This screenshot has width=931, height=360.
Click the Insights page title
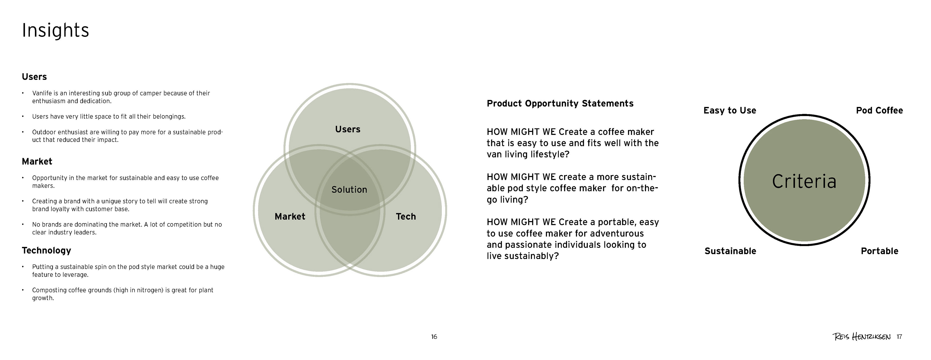tap(55, 30)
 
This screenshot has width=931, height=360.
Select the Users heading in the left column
tap(34, 77)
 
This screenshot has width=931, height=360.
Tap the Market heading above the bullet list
tap(37, 162)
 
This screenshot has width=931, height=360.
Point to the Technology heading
tap(46, 251)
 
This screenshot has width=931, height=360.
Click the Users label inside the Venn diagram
tap(348, 129)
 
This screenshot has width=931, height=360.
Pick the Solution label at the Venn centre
tap(349, 190)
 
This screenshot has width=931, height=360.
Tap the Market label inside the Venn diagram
tap(290, 216)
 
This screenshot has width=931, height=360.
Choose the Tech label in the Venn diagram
tap(406, 216)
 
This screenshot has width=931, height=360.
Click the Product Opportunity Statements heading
tap(560, 104)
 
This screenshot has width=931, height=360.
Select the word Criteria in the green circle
tap(804, 181)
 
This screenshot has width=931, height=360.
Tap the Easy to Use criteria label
tap(730, 111)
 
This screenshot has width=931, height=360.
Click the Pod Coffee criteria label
tap(879, 111)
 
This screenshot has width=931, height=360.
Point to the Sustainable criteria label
tap(730, 251)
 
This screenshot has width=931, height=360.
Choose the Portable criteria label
tap(879, 251)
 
